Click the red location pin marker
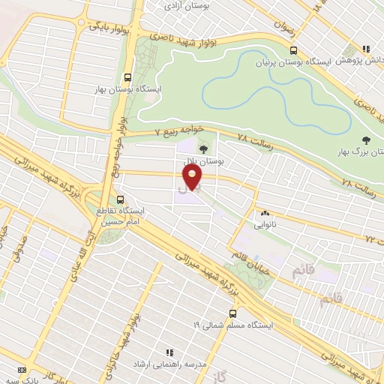click(x=193, y=177)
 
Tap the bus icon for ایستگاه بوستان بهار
click(x=127, y=77)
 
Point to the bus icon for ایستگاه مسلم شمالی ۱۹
click(x=232, y=313)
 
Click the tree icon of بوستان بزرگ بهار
click(x=366, y=139)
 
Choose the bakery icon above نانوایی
click(x=265, y=212)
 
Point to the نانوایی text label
click(x=265, y=224)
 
